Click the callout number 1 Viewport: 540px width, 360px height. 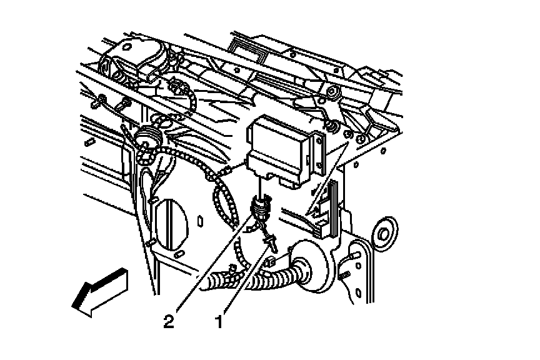click(219, 322)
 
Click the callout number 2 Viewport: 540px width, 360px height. click(168, 322)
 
